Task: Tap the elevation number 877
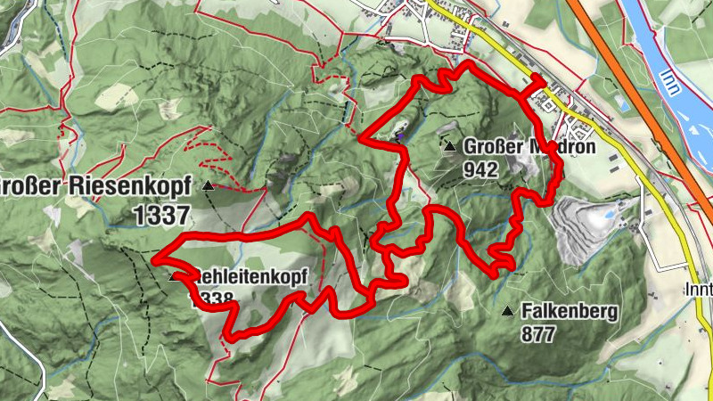540,334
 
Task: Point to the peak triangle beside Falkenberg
508,312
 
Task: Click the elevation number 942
479,168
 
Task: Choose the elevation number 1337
160,214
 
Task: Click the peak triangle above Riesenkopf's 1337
208,186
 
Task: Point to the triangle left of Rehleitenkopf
173,277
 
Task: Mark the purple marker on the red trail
400,136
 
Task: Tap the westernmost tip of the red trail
154,259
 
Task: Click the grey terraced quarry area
570,227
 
